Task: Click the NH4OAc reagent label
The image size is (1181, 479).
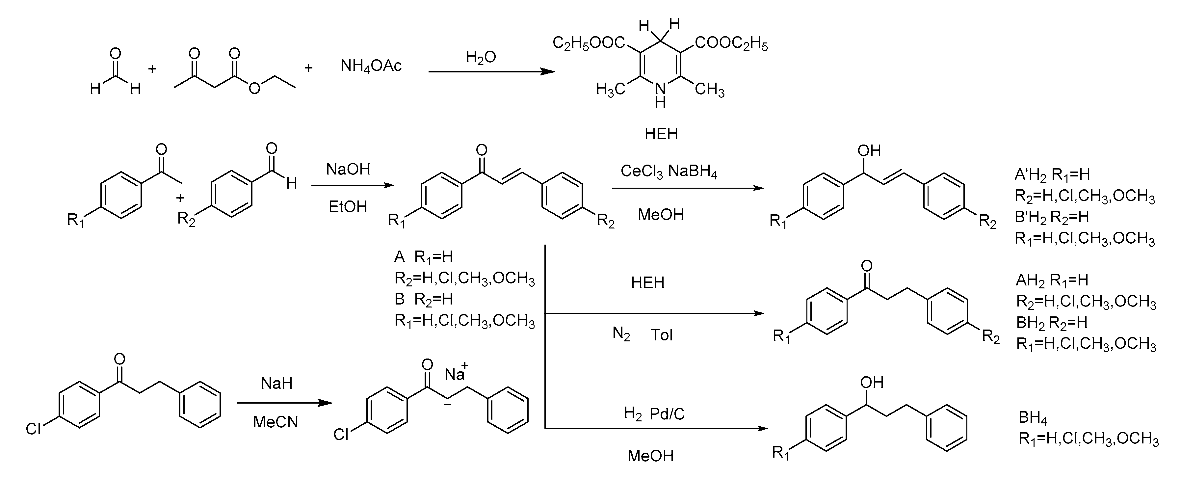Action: tap(371, 66)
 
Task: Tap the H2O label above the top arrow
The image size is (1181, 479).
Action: tap(481, 57)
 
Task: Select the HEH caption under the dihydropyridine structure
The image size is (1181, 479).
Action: tap(661, 134)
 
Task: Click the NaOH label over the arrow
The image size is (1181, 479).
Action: tap(348, 169)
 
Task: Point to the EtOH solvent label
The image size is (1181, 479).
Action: tap(348, 207)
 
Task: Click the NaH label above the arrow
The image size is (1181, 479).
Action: tap(276, 383)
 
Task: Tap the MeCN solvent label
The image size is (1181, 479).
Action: tap(276, 422)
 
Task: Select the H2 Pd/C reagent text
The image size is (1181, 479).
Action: tap(654, 414)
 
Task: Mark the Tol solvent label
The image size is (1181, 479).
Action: tap(661, 335)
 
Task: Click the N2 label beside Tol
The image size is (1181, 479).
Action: tap(621, 334)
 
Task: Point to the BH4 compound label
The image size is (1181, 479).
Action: tap(1033, 417)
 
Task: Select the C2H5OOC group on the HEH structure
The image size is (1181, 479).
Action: tap(589, 43)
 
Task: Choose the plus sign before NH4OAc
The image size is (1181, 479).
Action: tap(308, 68)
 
